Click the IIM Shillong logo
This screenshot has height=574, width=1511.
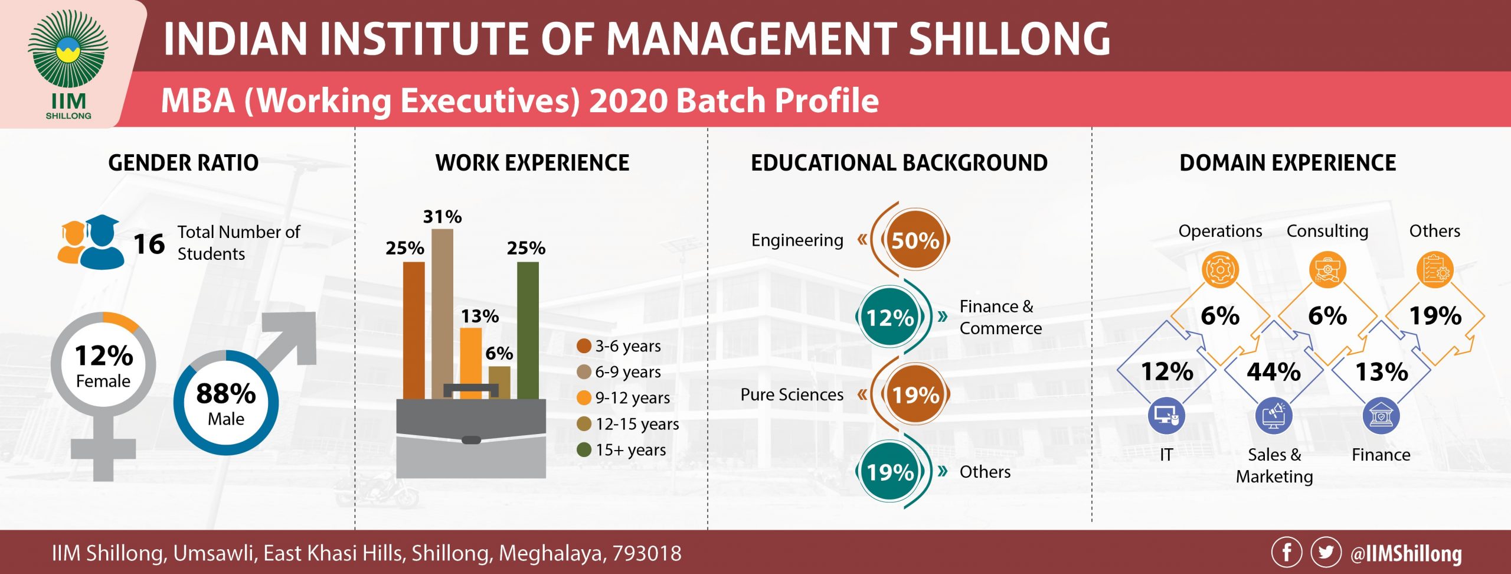click(68, 64)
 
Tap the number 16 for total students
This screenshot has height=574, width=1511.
click(149, 244)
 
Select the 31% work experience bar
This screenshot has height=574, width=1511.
click(442, 314)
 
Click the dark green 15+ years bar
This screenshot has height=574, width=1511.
click(528, 330)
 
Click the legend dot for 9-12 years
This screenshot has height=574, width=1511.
click(584, 397)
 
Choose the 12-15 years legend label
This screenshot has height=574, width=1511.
click(637, 424)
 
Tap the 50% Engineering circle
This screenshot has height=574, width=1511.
click(915, 240)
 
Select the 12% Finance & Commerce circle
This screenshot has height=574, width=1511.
click(890, 318)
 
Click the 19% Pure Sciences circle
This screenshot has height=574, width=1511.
click(915, 394)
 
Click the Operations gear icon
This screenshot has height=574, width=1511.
click(1220, 270)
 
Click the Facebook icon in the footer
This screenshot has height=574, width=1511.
click(1287, 553)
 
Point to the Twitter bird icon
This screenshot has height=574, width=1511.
click(1326, 553)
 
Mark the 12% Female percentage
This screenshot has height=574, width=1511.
click(104, 356)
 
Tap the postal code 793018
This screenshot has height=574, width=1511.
click(647, 553)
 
